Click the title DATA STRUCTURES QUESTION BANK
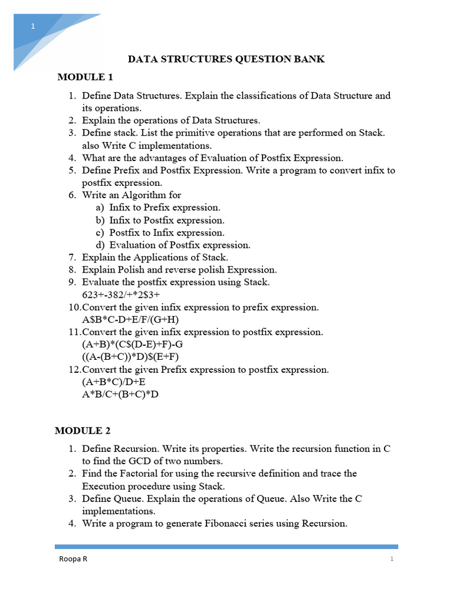click(226, 59)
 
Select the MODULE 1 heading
click(85, 77)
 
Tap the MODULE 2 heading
click(83, 431)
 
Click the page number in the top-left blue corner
click(34, 27)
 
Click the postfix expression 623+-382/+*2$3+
click(121, 294)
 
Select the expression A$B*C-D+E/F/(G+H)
click(130, 320)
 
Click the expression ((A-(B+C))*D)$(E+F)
click(130, 357)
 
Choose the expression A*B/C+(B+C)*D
click(120, 394)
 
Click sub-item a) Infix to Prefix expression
click(158, 208)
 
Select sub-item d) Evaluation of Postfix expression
click(173, 245)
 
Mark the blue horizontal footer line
click(226, 547)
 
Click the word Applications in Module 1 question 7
click(147, 257)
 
